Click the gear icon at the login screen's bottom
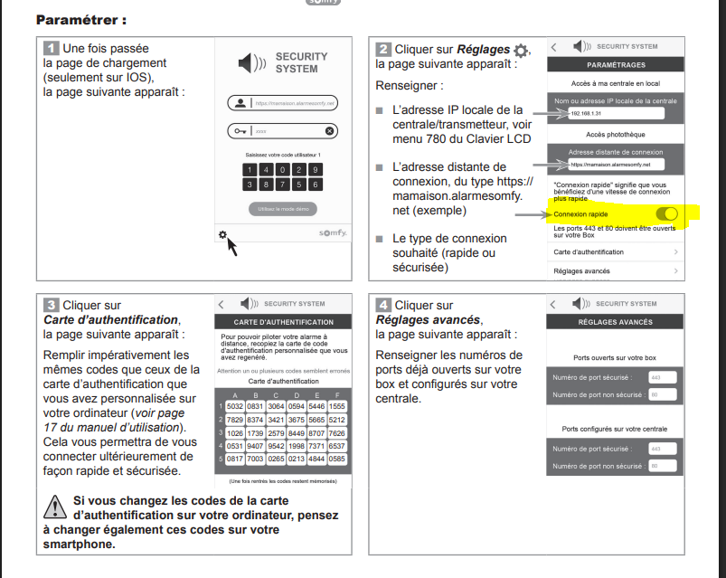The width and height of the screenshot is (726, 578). click(x=222, y=235)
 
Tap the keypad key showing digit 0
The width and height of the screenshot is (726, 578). click(x=282, y=169)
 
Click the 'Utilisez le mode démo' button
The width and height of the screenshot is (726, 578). click(x=283, y=209)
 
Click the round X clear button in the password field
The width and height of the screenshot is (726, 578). click(x=329, y=131)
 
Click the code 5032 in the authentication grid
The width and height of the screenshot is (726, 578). click(x=234, y=407)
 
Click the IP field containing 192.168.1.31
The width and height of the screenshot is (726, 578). click(x=615, y=113)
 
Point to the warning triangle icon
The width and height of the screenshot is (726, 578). click(x=56, y=505)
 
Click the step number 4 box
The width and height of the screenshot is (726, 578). click(x=383, y=306)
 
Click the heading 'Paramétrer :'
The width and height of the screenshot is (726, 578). click(x=80, y=19)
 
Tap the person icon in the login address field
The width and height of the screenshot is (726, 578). click(x=240, y=103)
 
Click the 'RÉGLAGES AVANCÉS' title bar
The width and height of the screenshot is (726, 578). click(x=615, y=321)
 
